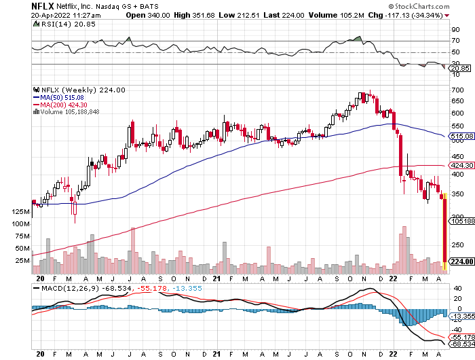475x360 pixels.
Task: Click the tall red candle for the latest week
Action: coord(444,230)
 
